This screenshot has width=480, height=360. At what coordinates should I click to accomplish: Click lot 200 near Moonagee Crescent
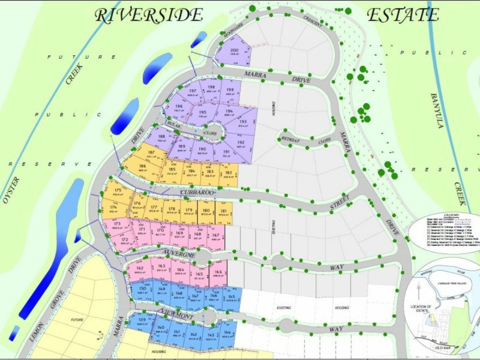coord(234,53)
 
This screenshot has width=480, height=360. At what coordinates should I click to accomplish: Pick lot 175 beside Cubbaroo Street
coord(118,193)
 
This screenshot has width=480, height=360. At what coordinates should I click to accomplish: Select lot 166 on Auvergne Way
coord(218,274)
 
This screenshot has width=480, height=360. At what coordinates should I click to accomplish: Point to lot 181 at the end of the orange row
coord(223,212)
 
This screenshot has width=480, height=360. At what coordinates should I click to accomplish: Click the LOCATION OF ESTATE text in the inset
coord(422,308)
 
